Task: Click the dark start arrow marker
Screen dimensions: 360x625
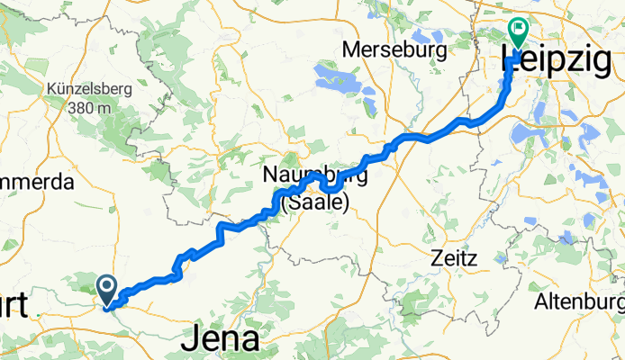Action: coord(107,289)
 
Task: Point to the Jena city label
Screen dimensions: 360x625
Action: coord(221,339)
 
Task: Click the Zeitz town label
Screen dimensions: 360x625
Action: coord(454,256)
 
